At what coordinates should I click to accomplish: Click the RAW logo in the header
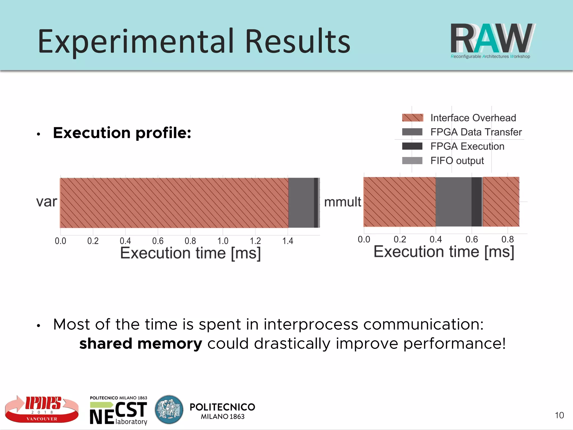(x=492, y=41)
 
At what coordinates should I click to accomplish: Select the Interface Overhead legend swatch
(x=412, y=118)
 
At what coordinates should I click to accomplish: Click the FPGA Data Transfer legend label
(x=476, y=132)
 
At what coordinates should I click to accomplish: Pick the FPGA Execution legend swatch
(x=412, y=146)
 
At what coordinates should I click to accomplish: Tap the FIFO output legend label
(x=457, y=161)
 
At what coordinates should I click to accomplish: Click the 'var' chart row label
(x=46, y=202)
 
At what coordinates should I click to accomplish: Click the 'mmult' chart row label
(x=342, y=202)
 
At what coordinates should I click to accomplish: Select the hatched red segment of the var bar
(x=173, y=203)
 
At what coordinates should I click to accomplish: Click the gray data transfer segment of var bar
(x=301, y=203)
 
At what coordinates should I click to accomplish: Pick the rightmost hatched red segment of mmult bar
(x=501, y=202)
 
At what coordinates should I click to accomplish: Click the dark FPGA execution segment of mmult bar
(x=476, y=202)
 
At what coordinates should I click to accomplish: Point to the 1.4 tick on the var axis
(x=288, y=241)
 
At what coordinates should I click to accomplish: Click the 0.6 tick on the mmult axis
(x=471, y=239)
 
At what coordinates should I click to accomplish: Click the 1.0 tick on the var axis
(x=223, y=241)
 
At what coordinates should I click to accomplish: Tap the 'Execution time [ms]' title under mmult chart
(x=444, y=252)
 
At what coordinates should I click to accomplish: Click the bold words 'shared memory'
(x=140, y=344)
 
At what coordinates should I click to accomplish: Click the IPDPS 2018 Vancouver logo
(x=42, y=409)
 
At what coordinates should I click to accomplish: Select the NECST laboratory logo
(x=118, y=410)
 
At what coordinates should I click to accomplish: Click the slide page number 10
(x=559, y=415)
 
